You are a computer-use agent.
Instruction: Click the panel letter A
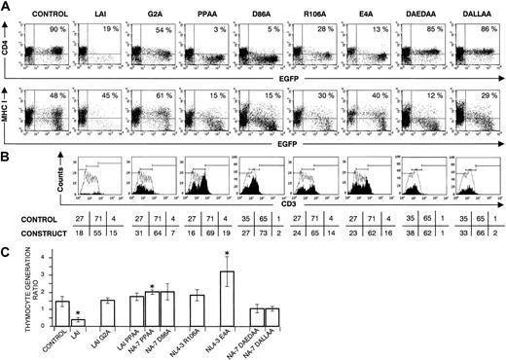(5, 7)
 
